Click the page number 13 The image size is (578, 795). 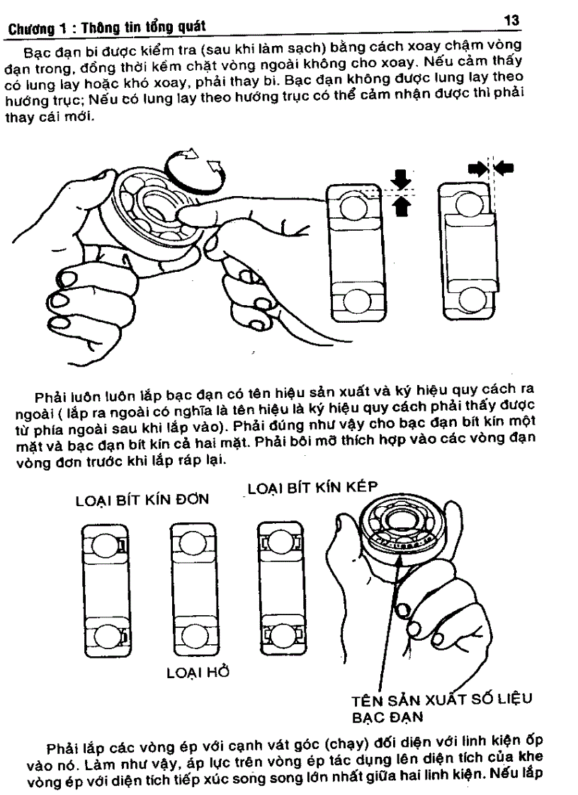click(512, 21)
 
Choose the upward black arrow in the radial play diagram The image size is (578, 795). click(401, 205)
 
